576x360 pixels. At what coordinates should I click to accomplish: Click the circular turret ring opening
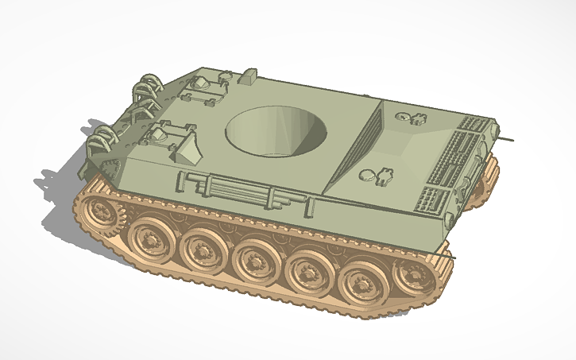pos(276,131)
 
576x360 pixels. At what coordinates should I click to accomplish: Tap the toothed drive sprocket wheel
pos(101,212)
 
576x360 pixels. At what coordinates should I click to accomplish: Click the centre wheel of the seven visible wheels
pos(254,261)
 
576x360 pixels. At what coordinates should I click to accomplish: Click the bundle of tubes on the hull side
pos(230,190)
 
